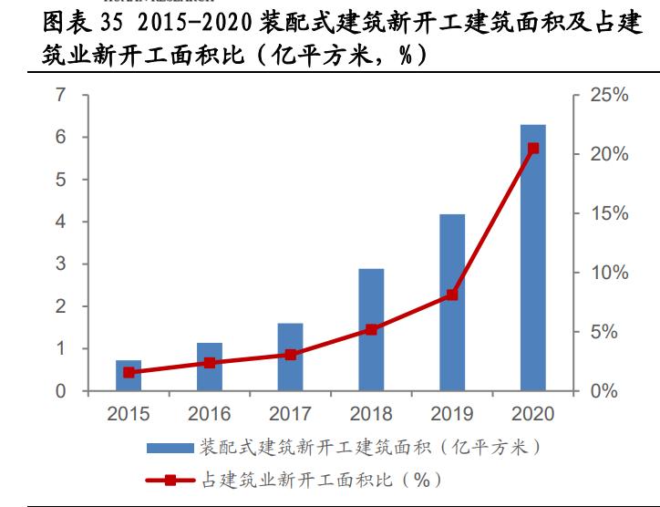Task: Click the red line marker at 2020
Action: pyautogui.click(x=533, y=148)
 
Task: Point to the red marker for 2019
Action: pyautogui.click(x=452, y=295)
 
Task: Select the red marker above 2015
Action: pyautogui.click(x=129, y=372)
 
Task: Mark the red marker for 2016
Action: pyautogui.click(x=210, y=363)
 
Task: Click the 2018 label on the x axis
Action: pyautogui.click(x=371, y=415)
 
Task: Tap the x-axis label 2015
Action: pyautogui.click(x=129, y=415)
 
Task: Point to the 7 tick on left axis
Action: pyautogui.click(x=60, y=95)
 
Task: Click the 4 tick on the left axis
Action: pyautogui.click(x=60, y=222)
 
